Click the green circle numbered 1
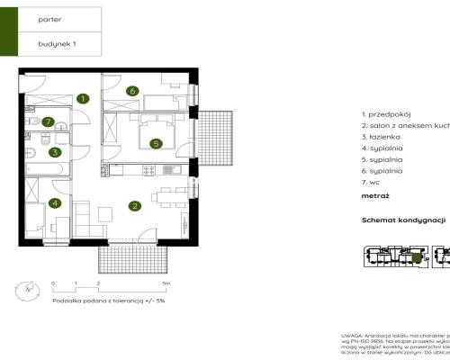pyautogui.click(x=82, y=98)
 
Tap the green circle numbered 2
pyautogui.click(x=134, y=206)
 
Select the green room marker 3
pyautogui.click(x=55, y=152)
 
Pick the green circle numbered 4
pyautogui.click(x=55, y=203)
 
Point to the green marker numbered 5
pyautogui.click(x=156, y=142)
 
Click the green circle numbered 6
pyautogui.click(x=131, y=91)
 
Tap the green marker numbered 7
pyautogui.click(x=49, y=122)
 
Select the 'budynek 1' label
pyautogui.click(x=53, y=43)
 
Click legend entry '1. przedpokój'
pyautogui.click(x=387, y=115)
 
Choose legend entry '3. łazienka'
pyautogui.click(x=383, y=142)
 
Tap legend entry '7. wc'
pyautogui.click(x=373, y=184)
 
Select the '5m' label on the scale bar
pyautogui.click(x=179, y=283)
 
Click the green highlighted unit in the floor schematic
pyautogui.click(x=416, y=259)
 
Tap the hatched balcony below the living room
pyautogui.click(x=132, y=259)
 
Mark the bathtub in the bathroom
pyautogui.click(x=45, y=167)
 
